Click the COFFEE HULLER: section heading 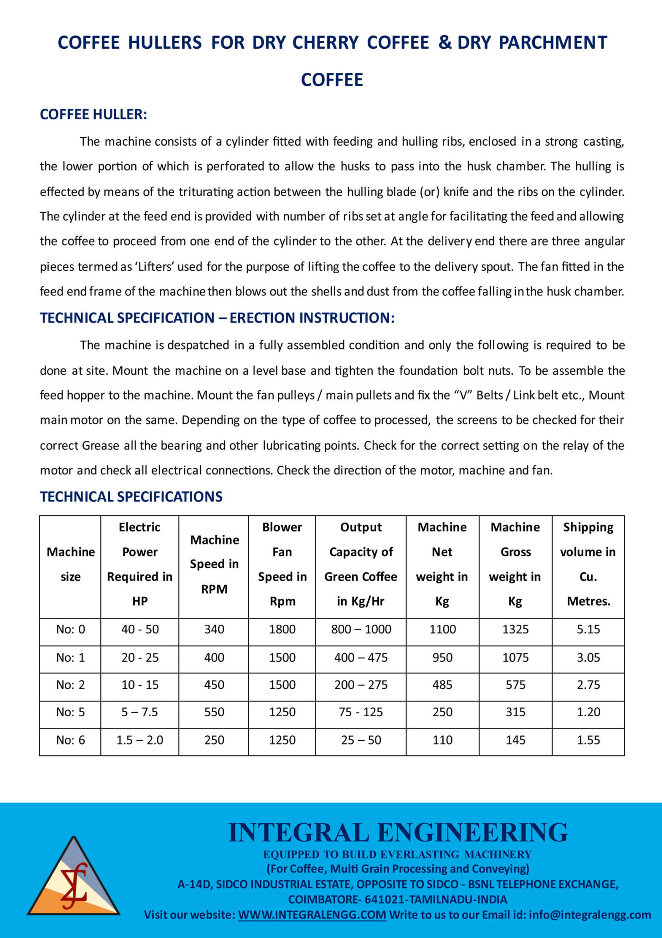(93, 114)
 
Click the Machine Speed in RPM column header (214, 564)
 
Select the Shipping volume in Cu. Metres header (588, 564)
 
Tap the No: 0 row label (71, 629)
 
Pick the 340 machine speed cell (214, 629)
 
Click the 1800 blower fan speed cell (282, 629)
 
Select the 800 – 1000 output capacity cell (361, 629)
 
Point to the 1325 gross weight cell (515, 629)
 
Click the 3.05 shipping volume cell (588, 658)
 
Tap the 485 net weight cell (442, 685)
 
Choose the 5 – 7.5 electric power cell (139, 712)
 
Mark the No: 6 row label (71, 740)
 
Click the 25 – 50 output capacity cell (361, 740)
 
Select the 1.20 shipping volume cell (588, 712)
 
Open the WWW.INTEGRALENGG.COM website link (312, 915)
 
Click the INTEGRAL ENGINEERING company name (398, 833)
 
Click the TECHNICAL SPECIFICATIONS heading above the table (131, 496)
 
